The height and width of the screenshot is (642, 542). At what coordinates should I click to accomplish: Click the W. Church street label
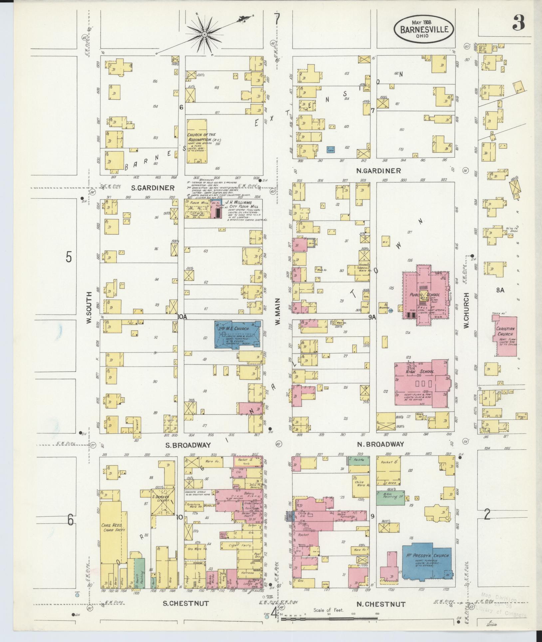point(466,310)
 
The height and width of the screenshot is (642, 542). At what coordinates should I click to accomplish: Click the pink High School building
point(421,383)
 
